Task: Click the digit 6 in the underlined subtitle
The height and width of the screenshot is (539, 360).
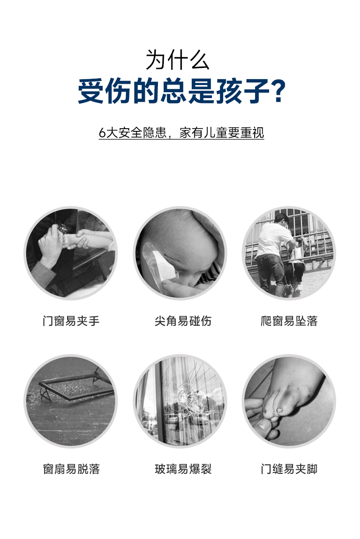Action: click(102, 133)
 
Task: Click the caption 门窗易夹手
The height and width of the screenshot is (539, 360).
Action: click(71, 321)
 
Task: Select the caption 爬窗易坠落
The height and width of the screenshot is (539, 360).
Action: click(289, 321)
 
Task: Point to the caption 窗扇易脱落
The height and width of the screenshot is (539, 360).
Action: click(71, 469)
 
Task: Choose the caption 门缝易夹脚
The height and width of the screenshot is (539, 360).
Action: click(289, 469)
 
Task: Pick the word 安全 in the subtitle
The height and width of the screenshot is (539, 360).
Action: click(131, 133)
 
